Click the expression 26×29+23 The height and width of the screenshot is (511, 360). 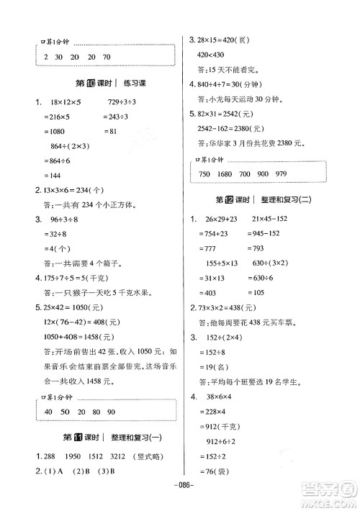(x=217, y=219)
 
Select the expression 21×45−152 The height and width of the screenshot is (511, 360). (x=269, y=219)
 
